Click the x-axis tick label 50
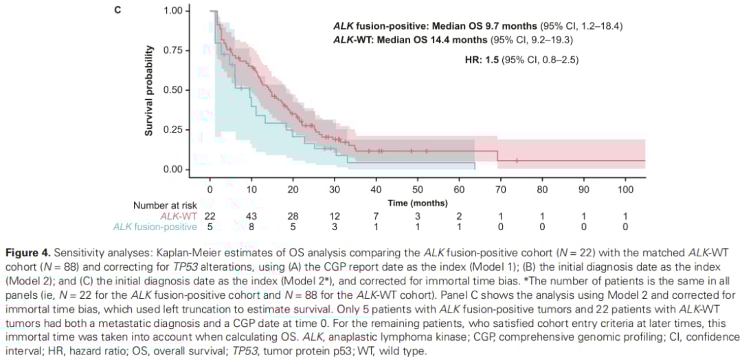[x=418, y=189]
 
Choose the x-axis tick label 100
[x=625, y=189]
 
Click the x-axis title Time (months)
[x=418, y=203]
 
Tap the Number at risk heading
[x=165, y=205]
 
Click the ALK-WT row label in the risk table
[x=180, y=216]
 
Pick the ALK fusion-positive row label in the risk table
[x=155, y=227]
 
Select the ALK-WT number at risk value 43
[x=251, y=216]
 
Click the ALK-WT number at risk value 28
[x=293, y=216]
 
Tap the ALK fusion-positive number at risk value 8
[x=251, y=227]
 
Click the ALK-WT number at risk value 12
[x=335, y=216]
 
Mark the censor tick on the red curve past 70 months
[x=517, y=161]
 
